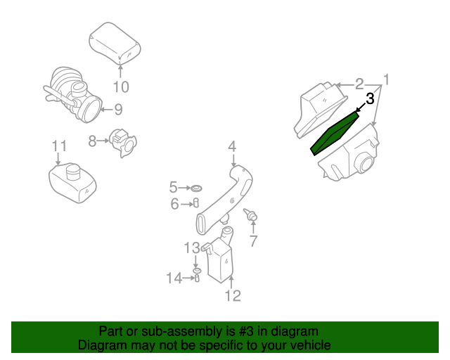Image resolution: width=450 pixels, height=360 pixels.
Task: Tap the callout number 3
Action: (x=369, y=100)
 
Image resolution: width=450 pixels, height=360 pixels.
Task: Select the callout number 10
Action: (x=121, y=87)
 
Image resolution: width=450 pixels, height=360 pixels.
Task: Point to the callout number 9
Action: (x=118, y=109)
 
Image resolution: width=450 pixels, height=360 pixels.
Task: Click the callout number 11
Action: (x=59, y=146)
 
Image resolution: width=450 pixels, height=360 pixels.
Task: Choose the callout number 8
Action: (x=92, y=141)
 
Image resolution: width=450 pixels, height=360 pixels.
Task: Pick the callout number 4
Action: (x=232, y=147)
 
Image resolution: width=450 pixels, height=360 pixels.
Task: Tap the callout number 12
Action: (x=233, y=295)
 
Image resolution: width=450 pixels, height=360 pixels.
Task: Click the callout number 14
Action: (x=174, y=278)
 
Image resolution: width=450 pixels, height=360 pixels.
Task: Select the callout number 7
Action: (x=253, y=241)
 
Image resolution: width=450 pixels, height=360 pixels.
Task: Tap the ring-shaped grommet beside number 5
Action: (x=198, y=188)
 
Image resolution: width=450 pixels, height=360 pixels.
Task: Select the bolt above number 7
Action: (x=250, y=214)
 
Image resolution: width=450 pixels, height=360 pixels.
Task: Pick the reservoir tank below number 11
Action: (x=73, y=181)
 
